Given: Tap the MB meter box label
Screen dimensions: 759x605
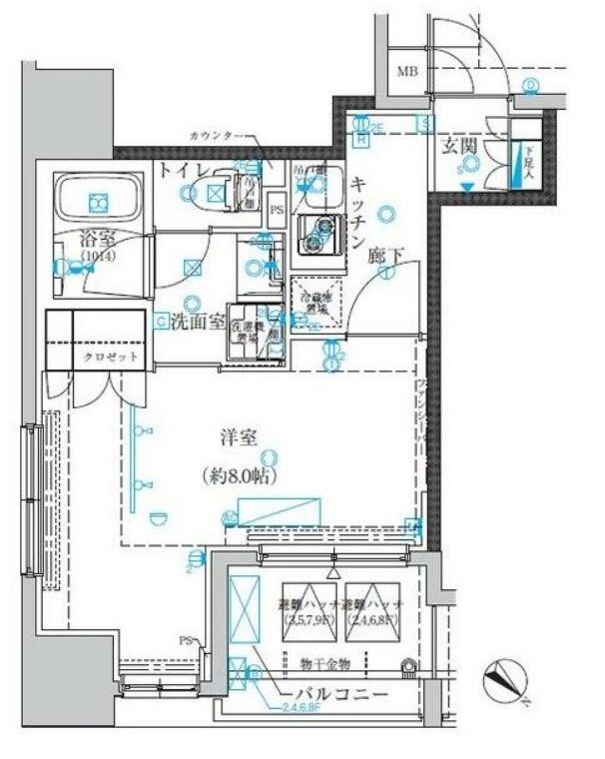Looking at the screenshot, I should (408, 71).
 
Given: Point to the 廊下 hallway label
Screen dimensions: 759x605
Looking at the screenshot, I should (385, 257).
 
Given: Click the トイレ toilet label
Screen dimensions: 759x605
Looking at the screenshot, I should (182, 170).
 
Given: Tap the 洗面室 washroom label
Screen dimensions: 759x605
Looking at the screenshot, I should (197, 322).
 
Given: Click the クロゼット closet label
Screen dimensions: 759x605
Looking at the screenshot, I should (110, 357).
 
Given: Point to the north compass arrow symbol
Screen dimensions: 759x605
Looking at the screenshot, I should (505, 684).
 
